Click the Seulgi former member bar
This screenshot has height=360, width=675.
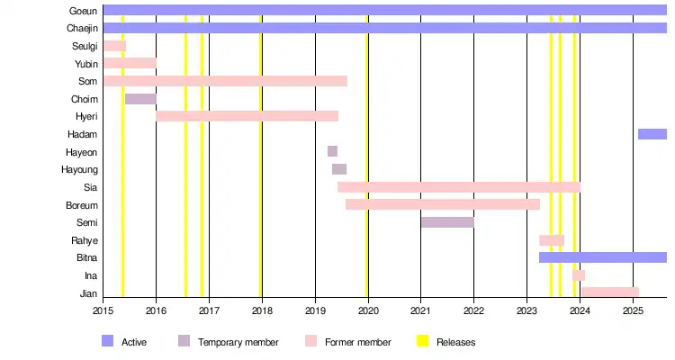pyautogui.click(x=114, y=46)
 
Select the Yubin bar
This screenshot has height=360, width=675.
pyautogui.click(x=130, y=63)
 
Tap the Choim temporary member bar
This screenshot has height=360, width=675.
pyautogui.click(x=140, y=99)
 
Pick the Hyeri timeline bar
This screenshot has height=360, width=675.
pyautogui.click(x=247, y=116)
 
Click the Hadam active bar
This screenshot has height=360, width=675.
pyautogui.click(x=652, y=134)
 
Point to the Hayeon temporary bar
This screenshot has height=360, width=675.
pyautogui.click(x=332, y=151)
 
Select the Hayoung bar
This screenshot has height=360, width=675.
pyautogui.click(x=339, y=169)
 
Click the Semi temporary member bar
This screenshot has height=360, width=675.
pyautogui.click(x=447, y=222)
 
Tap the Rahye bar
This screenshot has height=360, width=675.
pyautogui.click(x=552, y=240)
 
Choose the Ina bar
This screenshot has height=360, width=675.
pyautogui.click(x=579, y=275)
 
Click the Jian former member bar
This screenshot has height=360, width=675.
pyautogui.click(x=609, y=292)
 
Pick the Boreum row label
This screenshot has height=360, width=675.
pyautogui.click(x=82, y=205)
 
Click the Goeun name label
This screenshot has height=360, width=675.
pyautogui.click(x=84, y=11)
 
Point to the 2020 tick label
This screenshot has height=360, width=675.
pyautogui.click(x=368, y=310)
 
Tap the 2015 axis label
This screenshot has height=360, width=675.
pyautogui.click(x=103, y=310)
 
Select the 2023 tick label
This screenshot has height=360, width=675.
pyautogui.click(x=527, y=310)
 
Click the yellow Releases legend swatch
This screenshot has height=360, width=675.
pyautogui.click(x=422, y=341)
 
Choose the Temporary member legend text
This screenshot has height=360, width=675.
pyautogui.click(x=238, y=342)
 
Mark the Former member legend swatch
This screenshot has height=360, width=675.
pyautogui.click(x=310, y=341)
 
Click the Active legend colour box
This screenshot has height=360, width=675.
pyautogui.click(x=108, y=341)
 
